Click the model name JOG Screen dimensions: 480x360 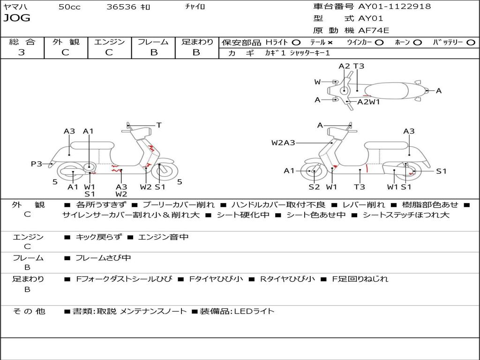click(x=17, y=18)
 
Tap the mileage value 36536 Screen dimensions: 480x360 click(x=121, y=7)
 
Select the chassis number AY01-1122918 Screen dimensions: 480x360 click(x=394, y=7)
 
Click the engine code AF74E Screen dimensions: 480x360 click(x=374, y=30)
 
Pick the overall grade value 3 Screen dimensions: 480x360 click(x=22, y=52)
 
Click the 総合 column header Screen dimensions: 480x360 click(x=22, y=42)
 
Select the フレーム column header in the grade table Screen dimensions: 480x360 click(x=153, y=42)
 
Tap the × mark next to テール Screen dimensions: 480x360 click(x=330, y=42)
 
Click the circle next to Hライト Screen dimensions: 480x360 click(x=296, y=42)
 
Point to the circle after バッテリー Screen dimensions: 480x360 click(x=471, y=42)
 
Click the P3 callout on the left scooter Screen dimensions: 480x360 click(x=37, y=164)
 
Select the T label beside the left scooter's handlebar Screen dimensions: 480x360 click(x=159, y=125)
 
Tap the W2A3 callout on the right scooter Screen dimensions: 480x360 click(x=283, y=142)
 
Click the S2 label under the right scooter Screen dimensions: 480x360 click(x=314, y=187)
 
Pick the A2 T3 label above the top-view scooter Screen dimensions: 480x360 click(x=351, y=66)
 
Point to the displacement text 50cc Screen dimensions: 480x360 click(x=69, y=7)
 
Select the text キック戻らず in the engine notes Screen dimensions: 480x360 click(x=98, y=237)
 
